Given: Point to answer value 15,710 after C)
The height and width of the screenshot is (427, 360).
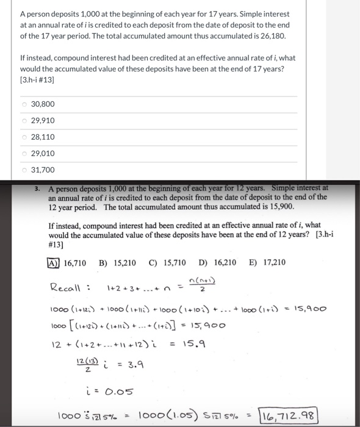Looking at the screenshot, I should point(174,263).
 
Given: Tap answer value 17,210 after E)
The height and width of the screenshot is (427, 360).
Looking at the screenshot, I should point(272,263).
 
